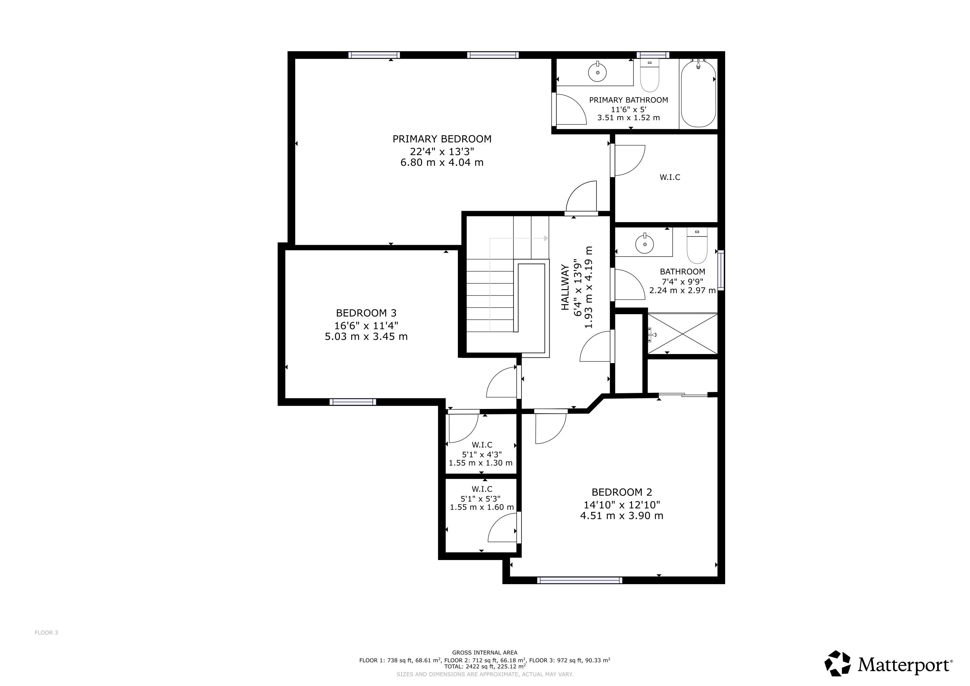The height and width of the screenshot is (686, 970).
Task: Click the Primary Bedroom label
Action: click(442, 139)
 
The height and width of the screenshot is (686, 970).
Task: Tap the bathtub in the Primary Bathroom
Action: click(698, 93)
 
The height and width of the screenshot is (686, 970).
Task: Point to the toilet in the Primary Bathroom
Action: click(649, 76)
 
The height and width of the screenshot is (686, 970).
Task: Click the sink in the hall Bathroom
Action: click(644, 243)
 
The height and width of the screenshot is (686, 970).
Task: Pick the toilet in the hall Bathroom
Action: click(697, 246)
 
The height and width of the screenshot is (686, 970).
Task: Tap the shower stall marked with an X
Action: click(683, 333)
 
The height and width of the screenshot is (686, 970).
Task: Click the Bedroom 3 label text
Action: click(366, 313)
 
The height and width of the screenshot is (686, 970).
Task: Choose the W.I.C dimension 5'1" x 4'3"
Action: click(481, 455)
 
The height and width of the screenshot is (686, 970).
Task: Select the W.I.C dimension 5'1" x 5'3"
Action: click(480, 498)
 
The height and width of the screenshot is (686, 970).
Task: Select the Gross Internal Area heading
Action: click(485, 653)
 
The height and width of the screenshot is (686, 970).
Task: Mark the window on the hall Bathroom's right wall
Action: click(721, 270)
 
